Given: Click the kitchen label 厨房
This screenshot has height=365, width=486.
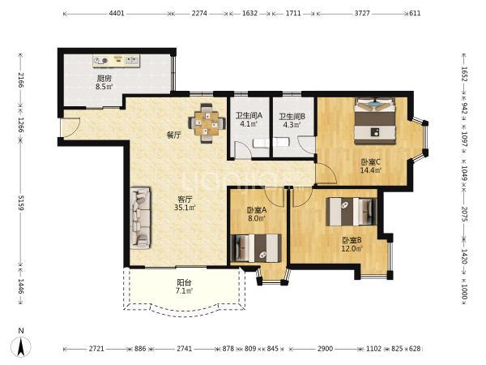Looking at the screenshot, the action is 104,78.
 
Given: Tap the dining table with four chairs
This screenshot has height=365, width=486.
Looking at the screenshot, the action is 207,123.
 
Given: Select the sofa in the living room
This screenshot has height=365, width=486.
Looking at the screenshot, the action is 140,218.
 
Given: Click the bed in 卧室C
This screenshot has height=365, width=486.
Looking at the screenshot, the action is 375,121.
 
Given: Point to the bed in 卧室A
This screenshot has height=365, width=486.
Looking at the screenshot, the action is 257,248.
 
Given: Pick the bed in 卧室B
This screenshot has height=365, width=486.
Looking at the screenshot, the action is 352,212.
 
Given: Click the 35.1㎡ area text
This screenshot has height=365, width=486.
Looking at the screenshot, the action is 185,208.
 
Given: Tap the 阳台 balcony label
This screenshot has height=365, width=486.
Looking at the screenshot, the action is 184,282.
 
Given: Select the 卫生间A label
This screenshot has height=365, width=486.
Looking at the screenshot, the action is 249,116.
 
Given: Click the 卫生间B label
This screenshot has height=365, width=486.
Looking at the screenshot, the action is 292,116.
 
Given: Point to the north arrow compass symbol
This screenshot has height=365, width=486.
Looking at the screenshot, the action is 21,346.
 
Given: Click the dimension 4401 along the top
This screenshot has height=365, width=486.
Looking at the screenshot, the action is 117,13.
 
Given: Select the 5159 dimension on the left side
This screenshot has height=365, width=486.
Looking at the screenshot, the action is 21,203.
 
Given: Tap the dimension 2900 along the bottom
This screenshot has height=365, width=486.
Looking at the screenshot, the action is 325,349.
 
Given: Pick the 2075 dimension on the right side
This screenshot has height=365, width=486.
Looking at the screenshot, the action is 464,214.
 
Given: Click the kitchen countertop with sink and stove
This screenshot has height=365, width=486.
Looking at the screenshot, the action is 116,61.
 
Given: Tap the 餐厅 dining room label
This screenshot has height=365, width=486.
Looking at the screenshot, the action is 173,135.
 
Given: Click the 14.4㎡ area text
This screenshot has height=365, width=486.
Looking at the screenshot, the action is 371,170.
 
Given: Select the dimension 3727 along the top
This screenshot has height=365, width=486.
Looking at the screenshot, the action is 362,13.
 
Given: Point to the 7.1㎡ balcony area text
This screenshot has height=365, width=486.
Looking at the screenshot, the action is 184,291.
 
